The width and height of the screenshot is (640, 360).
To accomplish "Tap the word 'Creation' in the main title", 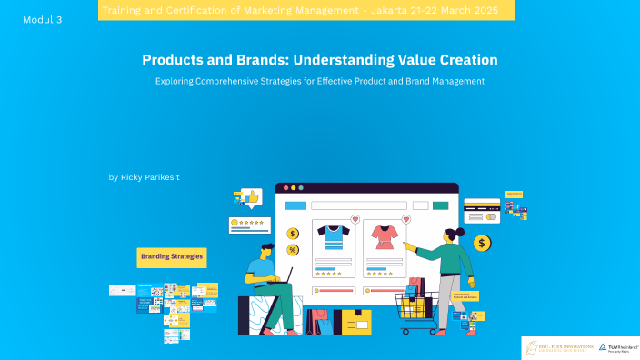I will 464,60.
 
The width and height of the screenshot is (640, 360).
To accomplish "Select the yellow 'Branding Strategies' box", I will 172,258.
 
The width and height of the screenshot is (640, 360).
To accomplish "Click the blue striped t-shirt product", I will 333,237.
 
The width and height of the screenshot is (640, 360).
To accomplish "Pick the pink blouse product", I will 382,237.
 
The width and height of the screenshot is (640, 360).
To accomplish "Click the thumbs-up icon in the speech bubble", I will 251,195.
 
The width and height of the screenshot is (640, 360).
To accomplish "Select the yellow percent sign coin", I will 293,250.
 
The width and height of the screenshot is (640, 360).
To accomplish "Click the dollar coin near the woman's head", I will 482,243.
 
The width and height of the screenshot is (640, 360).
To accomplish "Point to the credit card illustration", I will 482,211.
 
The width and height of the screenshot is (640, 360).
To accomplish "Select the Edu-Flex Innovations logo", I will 558,348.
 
